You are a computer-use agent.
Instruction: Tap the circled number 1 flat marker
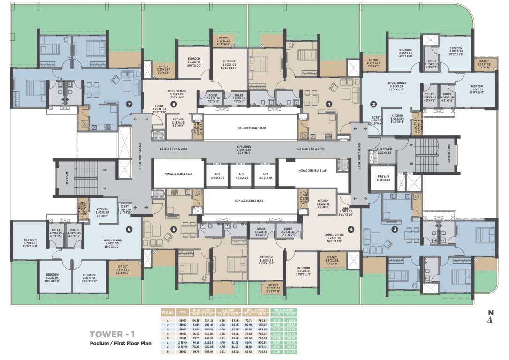pos(329,104)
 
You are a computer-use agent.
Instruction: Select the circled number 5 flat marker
pos(174,229)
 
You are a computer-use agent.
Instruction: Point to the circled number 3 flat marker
pos(395,229)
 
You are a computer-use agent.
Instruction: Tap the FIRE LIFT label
pos(384,178)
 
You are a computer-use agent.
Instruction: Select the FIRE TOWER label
pos(384,150)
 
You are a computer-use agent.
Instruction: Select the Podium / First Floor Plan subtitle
pos(121,344)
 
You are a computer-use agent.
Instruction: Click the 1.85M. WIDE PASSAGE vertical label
pos(140,155)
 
